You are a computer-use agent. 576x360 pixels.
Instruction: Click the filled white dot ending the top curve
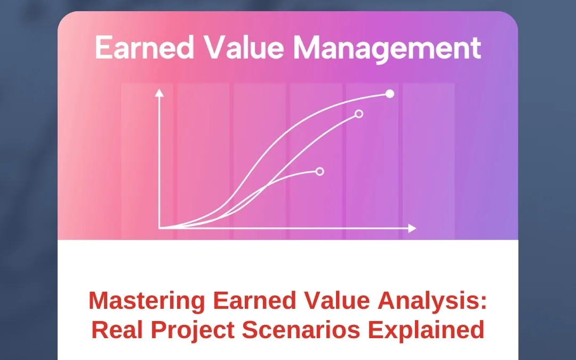tap(390, 94)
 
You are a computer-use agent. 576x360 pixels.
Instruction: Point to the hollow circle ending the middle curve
tap(359, 114)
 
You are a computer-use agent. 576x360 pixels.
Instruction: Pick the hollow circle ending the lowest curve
tap(320, 171)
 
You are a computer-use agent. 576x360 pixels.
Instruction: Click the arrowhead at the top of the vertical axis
tap(158, 93)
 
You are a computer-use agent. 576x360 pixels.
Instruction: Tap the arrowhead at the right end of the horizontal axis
tap(412, 228)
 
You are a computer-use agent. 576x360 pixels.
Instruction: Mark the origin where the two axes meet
tap(159, 228)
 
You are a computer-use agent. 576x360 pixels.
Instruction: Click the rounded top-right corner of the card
tap(512, 17)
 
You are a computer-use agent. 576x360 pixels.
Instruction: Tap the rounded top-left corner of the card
tap(64, 17)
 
